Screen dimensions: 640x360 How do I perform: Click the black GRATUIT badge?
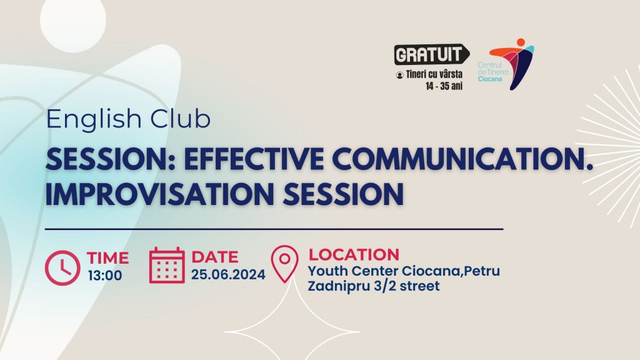431,54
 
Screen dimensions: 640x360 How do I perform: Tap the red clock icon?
62,267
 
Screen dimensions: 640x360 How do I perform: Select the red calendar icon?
166,265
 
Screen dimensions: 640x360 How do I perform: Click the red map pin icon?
284,264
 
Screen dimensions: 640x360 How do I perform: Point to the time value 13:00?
105,276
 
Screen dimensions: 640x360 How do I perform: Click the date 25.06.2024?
228,274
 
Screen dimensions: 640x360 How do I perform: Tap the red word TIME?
107,258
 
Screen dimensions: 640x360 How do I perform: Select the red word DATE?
215,257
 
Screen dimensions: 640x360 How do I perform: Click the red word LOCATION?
354,254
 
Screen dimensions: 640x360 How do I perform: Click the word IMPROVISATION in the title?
159,194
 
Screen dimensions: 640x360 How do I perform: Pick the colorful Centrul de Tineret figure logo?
512,64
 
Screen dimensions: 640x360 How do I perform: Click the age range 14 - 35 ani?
444,86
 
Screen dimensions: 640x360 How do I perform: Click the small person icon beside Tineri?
399,75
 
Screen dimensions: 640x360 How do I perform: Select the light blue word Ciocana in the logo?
490,79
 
